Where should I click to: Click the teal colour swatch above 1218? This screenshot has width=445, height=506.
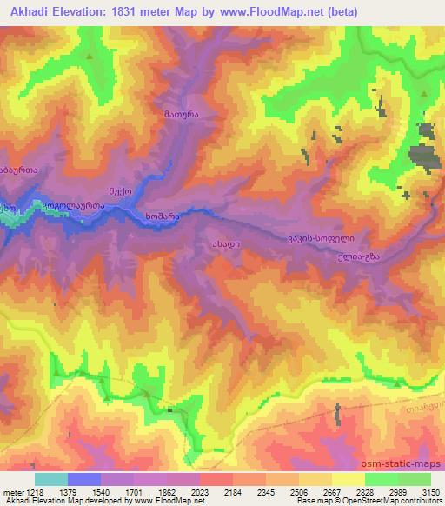coord(51,479)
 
